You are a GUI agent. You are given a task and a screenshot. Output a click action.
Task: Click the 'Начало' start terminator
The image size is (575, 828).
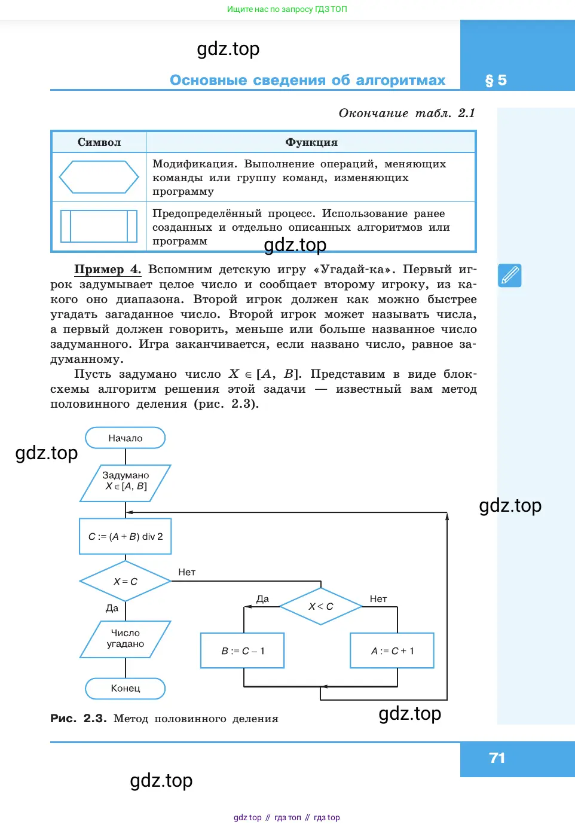(126, 438)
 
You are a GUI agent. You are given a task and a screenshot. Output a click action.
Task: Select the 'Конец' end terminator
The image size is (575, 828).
(126, 688)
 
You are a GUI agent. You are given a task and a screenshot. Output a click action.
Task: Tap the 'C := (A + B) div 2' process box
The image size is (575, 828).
(126, 536)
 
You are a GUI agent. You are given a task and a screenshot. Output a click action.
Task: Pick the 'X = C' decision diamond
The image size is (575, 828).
(126, 581)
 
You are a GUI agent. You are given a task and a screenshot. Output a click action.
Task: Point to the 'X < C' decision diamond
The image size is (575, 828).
(321, 606)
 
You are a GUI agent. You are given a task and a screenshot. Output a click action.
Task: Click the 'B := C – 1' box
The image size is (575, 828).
(243, 650)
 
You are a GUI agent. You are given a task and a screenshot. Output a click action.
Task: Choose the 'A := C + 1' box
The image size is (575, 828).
(392, 650)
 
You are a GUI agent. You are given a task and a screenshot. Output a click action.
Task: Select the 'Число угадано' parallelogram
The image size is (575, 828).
(126, 639)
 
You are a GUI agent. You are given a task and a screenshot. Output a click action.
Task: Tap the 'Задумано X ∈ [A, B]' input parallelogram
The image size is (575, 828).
(126, 483)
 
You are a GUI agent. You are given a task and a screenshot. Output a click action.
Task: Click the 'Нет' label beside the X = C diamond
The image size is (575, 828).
(187, 572)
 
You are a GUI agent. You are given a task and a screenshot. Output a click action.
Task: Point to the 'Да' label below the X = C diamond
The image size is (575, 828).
(112, 608)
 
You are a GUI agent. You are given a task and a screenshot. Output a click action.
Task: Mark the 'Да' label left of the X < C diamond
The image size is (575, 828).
(263, 599)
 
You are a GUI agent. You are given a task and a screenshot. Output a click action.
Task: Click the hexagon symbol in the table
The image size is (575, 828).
(99, 177)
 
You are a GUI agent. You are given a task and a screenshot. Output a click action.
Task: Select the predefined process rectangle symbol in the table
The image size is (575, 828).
(99, 226)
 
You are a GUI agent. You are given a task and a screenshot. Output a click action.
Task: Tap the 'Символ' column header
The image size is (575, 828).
(99, 142)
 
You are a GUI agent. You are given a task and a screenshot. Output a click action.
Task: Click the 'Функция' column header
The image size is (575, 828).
(311, 142)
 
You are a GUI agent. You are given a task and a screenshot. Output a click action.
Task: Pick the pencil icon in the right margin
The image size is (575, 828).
(510, 276)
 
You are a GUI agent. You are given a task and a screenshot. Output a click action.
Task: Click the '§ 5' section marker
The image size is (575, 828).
(496, 80)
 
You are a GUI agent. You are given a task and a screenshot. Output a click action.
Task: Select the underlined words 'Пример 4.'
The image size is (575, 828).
(108, 269)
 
